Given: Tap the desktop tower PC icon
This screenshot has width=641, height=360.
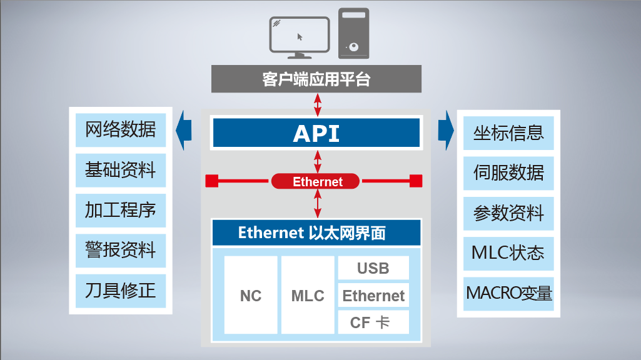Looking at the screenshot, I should point(353,33).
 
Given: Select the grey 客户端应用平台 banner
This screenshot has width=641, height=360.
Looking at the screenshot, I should point(316,79).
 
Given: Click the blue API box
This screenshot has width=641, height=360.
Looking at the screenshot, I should point(316,133).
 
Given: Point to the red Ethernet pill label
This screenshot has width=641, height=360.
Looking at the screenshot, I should point(317,182).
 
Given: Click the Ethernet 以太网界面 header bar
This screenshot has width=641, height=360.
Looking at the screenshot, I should point(316,232).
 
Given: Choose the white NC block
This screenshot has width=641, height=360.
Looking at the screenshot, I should point(250,295).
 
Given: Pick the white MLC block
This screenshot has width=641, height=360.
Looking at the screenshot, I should point(308,295).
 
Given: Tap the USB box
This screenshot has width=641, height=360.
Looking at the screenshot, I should point(373,268).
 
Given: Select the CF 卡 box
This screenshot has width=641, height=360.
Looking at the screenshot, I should point(373,322).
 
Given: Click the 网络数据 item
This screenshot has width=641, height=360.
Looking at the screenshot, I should point(120,130).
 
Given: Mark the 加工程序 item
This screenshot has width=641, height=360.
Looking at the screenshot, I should point(120,211).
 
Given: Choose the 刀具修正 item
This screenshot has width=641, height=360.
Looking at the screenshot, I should point(120,291).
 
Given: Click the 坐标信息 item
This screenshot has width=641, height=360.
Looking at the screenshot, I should point(508,132).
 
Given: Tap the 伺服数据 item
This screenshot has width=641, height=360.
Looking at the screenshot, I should point(508,172).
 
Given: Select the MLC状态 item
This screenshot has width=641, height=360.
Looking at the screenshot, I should point(508,253).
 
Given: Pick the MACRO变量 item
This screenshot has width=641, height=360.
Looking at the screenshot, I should point(508,293).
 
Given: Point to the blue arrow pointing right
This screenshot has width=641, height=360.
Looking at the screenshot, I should point(446,131).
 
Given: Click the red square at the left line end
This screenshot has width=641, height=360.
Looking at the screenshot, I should point(212,181).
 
